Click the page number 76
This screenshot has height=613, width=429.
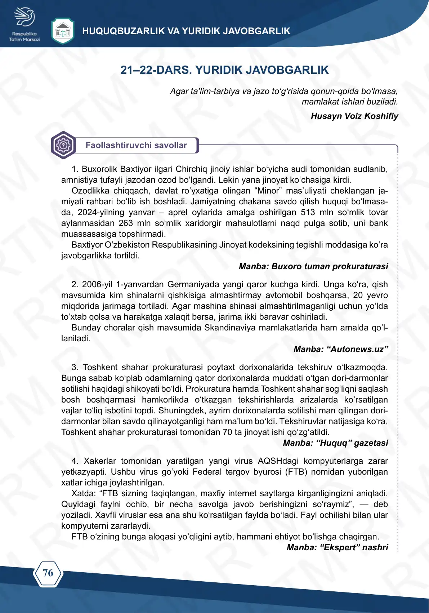48,573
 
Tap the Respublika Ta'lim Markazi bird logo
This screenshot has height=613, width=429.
24,18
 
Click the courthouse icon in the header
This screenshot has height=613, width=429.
63,31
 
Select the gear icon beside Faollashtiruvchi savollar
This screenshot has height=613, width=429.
63,145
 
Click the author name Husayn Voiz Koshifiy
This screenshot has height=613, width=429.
354,116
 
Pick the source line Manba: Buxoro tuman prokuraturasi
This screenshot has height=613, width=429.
313,266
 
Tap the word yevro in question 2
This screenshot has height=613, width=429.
377,295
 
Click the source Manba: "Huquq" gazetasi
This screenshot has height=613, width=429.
335,443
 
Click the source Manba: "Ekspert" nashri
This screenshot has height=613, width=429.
337,547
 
